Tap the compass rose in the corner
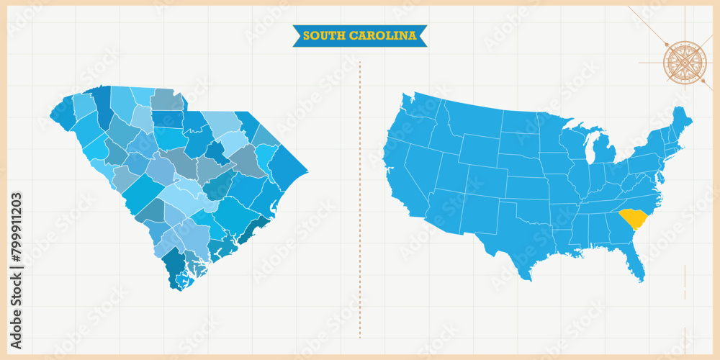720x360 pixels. [684, 63]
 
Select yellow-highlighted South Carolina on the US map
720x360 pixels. [633, 217]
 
